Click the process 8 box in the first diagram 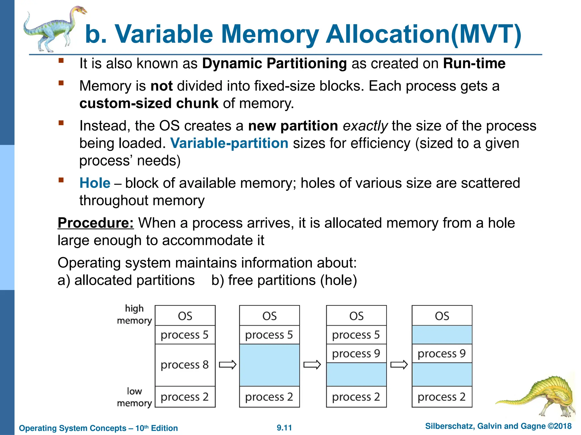pyautogui.click(x=185, y=365)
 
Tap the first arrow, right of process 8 pyautogui.click(x=228, y=365)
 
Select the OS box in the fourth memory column pyautogui.click(x=442, y=316)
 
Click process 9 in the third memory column pyautogui.click(x=356, y=353)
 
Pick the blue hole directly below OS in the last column pyautogui.click(x=442, y=335)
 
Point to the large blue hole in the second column pyautogui.click(x=269, y=365)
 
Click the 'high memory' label pyautogui.click(x=134, y=314)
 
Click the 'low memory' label pyautogui.click(x=134, y=397)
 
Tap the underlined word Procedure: pyautogui.click(x=96, y=223)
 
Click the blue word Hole pyautogui.click(x=95, y=183)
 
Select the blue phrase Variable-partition pyautogui.click(x=229, y=143)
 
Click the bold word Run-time pyautogui.click(x=474, y=63)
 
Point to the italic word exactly pyautogui.click(x=365, y=126)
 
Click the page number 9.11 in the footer pyautogui.click(x=284, y=428)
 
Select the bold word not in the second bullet pyautogui.click(x=161, y=86)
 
